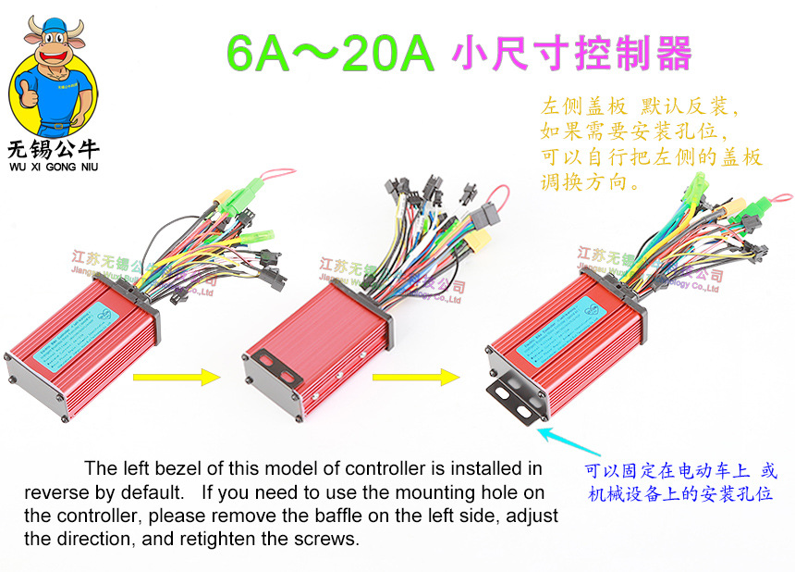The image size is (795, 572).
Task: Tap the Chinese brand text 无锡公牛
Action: [53, 149]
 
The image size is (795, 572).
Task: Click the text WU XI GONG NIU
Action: [53, 167]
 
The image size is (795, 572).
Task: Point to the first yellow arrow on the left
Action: [176, 377]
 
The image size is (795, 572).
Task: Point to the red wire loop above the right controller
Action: [782, 201]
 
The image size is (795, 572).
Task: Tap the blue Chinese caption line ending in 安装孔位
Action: [680, 494]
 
